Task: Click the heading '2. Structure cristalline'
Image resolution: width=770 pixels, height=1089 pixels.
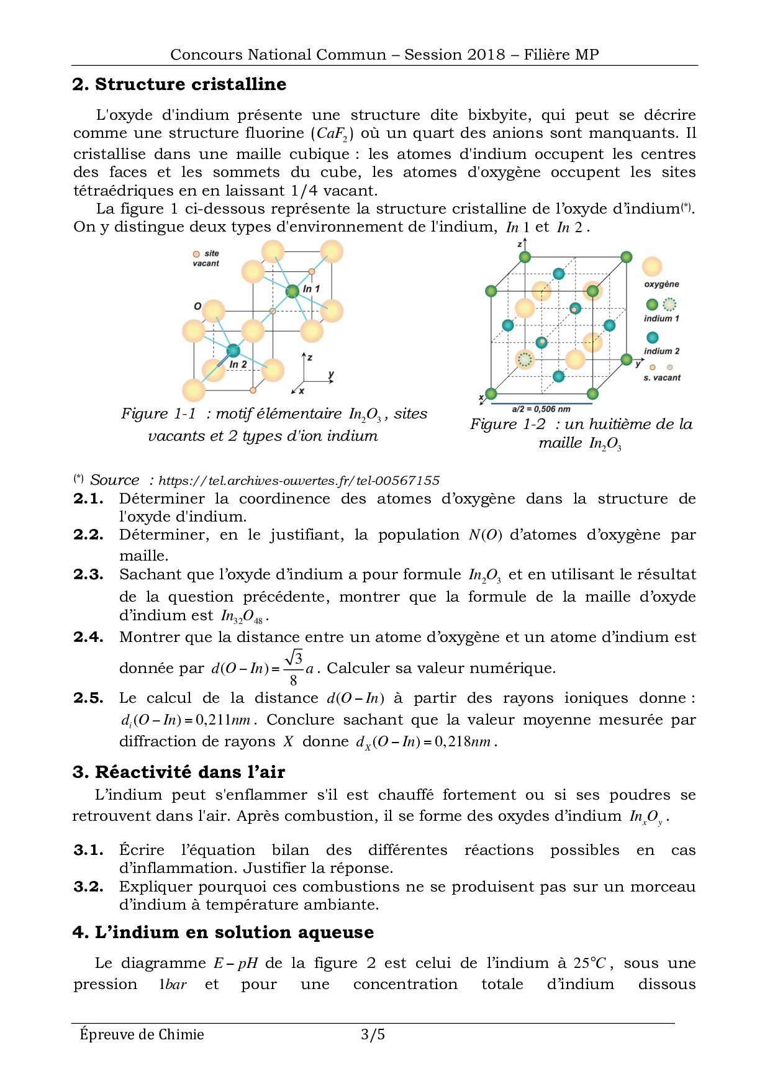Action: [x=179, y=84]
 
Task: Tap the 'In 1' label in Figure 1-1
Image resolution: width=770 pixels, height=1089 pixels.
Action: [x=311, y=289]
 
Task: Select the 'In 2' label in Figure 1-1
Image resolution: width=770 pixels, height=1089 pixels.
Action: [x=238, y=364]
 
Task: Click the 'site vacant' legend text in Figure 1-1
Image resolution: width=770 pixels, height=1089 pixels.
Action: [x=207, y=258]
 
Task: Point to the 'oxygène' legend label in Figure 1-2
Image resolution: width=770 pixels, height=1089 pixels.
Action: [x=661, y=284]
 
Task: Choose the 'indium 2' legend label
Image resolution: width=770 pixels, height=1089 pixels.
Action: [x=661, y=351]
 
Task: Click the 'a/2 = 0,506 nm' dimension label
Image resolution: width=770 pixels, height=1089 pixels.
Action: [x=541, y=409]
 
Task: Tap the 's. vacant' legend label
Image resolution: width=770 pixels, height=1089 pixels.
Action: [x=662, y=377]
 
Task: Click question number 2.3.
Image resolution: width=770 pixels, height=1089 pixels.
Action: [x=88, y=575]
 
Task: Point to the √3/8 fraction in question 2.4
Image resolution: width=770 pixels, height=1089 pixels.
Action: [x=294, y=667]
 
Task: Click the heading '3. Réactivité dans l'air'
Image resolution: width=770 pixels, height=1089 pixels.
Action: [x=179, y=772]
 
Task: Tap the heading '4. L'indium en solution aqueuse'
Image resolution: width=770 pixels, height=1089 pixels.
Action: [x=223, y=933]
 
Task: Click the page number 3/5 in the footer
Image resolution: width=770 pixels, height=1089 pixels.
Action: [x=373, y=1034]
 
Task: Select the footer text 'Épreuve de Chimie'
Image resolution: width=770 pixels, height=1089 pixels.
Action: [x=142, y=1034]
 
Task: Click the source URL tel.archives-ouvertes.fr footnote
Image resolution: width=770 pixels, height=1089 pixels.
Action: [x=299, y=481]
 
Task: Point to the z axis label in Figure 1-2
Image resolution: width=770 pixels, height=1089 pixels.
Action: [x=520, y=245]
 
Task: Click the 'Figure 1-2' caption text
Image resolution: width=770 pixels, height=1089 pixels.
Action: [x=507, y=425]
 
